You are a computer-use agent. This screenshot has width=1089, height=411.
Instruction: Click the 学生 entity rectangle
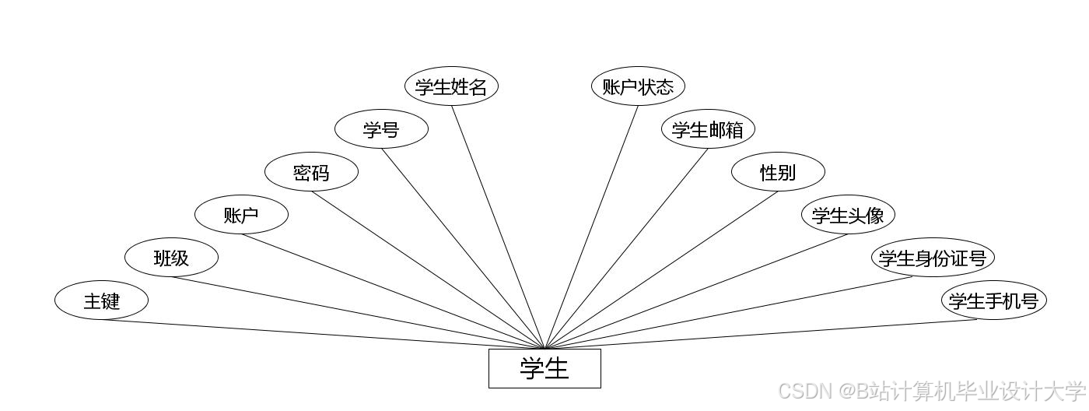[544, 368]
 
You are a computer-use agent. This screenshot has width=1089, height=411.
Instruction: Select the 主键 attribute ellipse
[101, 300]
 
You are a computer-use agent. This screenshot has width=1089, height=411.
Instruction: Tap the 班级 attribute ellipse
[171, 258]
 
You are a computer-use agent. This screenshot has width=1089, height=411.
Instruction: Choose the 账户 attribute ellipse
[241, 215]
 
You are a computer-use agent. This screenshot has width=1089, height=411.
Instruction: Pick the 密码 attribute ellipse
[311, 172]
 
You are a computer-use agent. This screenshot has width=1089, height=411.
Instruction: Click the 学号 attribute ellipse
[381, 129]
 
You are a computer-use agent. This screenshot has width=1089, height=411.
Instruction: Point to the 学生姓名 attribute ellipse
[451, 86]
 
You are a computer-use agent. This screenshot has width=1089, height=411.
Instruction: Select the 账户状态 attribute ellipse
[638, 86]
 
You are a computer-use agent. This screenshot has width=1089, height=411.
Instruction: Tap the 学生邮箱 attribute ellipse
[708, 129]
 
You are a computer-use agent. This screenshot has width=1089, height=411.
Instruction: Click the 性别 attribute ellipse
[778, 172]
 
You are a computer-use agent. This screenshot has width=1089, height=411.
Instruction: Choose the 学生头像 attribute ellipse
[848, 215]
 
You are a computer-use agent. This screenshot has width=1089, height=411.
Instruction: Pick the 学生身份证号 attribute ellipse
[932, 258]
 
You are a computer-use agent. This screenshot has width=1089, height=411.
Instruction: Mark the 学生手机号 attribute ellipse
[993, 300]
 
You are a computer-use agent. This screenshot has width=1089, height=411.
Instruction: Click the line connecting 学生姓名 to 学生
[498, 226]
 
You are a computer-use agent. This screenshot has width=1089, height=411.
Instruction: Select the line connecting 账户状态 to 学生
[591, 227]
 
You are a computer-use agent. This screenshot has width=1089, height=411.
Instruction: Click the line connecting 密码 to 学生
[428, 270]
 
